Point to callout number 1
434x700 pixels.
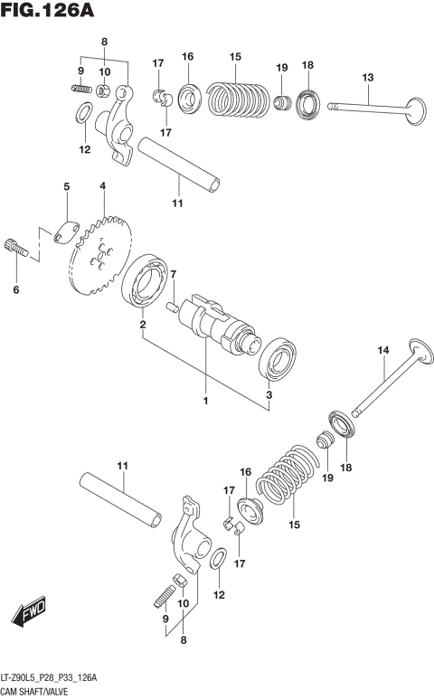205,401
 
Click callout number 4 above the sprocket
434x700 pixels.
103,186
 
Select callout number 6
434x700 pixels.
14,289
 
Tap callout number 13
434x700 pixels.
367,78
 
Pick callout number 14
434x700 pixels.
382,350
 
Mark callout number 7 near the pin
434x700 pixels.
175,274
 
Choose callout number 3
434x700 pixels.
269,395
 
